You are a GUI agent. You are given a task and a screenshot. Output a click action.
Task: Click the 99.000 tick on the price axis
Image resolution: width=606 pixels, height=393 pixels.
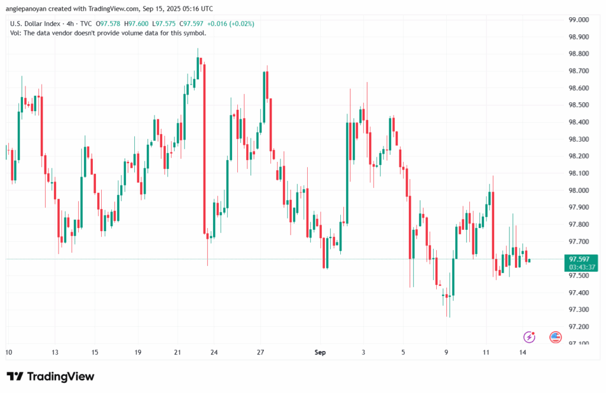[579, 20]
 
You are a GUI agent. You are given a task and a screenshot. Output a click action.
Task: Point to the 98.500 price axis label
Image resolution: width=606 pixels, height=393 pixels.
[579, 105]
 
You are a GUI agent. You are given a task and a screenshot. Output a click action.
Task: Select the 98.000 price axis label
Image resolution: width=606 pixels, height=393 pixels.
[579, 190]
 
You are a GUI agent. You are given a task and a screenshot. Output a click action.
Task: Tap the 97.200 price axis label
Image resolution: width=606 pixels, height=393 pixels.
[579, 327]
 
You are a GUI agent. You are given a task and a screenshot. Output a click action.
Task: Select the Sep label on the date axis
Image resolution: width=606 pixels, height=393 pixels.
[320, 352]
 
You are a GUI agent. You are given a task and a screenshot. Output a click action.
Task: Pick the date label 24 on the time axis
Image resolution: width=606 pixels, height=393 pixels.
[214, 352]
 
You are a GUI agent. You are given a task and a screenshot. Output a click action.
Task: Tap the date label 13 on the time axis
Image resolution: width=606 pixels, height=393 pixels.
[54, 352]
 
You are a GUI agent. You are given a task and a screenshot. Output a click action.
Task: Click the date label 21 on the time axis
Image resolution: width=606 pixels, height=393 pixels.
[178, 352]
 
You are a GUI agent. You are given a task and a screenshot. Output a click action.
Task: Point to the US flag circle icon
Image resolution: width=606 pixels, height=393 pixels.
[555, 337]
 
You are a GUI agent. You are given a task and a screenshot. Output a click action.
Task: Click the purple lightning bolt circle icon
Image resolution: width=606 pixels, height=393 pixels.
[529, 337]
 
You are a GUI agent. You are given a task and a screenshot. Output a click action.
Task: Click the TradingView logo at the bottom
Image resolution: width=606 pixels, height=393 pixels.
[50, 376]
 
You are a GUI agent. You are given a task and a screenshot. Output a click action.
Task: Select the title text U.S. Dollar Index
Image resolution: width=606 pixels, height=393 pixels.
[34, 23]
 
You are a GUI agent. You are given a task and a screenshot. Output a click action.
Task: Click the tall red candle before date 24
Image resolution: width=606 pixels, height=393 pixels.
[204, 148]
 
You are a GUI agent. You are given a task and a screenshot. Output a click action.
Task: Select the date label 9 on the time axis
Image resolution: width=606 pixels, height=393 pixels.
[446, 352]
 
